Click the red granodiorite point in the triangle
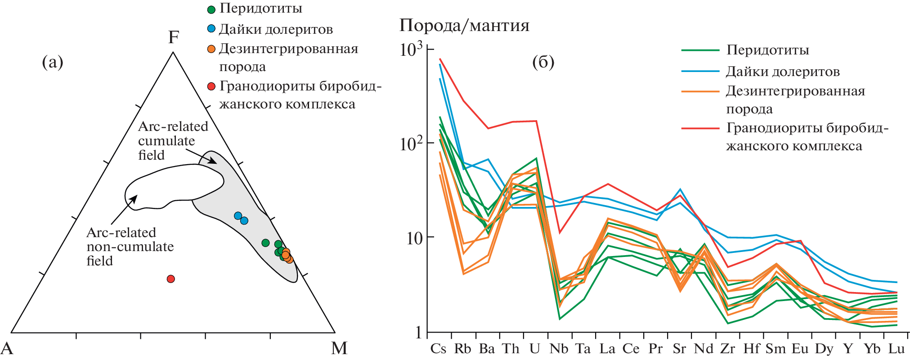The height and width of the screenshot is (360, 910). [170, 279]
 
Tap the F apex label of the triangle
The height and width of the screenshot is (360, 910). [174, 37]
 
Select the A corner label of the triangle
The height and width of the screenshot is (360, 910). [7, 348]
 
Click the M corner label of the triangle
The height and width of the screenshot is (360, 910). [339, 348]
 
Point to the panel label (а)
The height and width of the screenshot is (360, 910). [53, 62]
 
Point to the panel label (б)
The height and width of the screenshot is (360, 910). [543, 62]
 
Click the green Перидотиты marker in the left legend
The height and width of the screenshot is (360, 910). [211, 9]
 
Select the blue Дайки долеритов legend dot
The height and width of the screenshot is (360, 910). [211, 29]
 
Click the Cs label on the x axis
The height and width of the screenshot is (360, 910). [438, 349]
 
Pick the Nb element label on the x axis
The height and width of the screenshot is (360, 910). [559, 349]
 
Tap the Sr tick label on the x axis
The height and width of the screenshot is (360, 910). [679, 349]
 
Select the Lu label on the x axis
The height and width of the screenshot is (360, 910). [897, 349]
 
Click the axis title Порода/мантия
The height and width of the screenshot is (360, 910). [464, 26]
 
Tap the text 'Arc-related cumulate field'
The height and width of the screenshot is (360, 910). [173, 140]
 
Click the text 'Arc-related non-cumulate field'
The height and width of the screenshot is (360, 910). [130, 247]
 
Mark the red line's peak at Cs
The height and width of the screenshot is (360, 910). [440, 58]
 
